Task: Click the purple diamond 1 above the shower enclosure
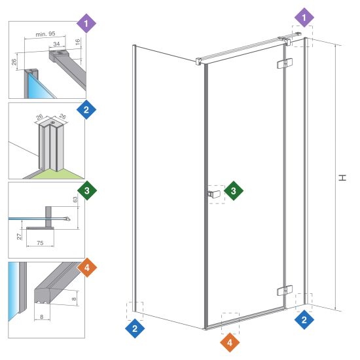point(304,18)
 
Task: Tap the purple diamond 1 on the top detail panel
point(86,24)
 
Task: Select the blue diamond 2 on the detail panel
point(86,109)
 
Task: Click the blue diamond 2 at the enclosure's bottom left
point(135,329)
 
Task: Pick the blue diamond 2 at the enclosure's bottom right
point(304,319)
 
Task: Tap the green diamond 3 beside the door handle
point(234,190)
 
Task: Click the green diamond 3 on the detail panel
point(87,190)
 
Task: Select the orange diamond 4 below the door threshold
point(230,342)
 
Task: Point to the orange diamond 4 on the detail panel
point(87,268)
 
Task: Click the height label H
point(342,177)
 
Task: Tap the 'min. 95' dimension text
point(45,34)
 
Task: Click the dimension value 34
point(56,44)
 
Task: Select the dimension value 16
point(78,42)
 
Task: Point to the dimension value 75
point(40,243)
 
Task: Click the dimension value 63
point(75,199)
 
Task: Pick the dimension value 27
point(19,236)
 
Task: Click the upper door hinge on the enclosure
point(285,63)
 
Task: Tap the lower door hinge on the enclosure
point(285,291)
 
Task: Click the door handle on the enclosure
point(213,194)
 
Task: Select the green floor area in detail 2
point(58,175)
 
